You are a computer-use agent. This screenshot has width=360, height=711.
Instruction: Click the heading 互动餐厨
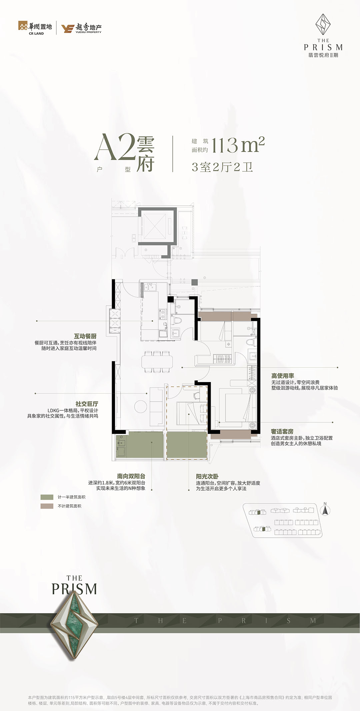[85, 336]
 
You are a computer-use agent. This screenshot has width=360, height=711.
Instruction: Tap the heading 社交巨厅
[87, 404]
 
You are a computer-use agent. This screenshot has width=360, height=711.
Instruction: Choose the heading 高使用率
[283, 376]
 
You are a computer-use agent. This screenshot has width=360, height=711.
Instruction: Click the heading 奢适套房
[282, 431]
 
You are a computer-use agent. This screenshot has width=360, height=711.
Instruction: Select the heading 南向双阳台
[131, 476]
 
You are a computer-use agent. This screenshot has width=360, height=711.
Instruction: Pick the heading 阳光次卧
[207, 477]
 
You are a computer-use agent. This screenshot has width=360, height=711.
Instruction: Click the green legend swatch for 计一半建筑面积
[47, 497]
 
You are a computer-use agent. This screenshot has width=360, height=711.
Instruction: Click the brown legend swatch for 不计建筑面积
[47, 506]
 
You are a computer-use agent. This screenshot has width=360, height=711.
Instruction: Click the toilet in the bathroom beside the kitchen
[176, 321]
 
